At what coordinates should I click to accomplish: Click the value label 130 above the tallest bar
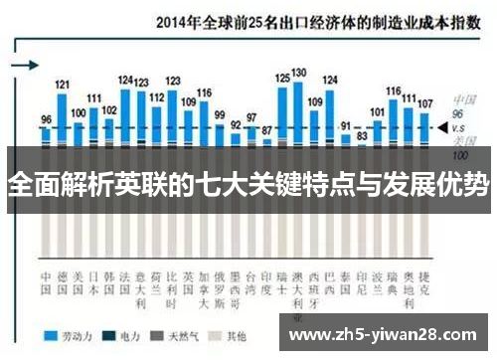pos(298,73)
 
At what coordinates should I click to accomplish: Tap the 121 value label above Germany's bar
pos(62,86)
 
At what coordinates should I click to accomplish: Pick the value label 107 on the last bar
pos(424,103)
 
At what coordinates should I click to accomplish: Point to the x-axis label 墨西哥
pos(236,280)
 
